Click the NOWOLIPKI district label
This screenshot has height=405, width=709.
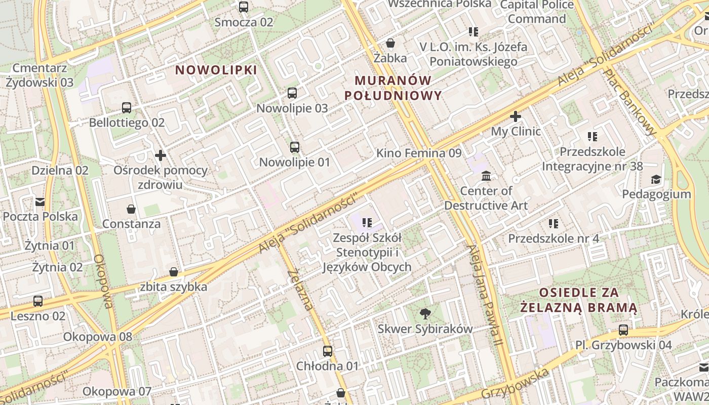(216, 70)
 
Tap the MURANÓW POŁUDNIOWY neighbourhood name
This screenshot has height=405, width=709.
(393, 88)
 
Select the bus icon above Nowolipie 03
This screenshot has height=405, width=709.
(292, 93)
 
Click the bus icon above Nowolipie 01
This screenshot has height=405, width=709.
(295, 147)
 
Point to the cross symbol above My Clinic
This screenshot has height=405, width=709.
(516, 116)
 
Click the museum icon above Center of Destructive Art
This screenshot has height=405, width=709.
(486, 176)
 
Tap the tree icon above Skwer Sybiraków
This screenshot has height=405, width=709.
(425, 314)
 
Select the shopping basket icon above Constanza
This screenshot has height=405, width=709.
(131, 209)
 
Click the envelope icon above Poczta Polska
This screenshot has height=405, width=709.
(40, 202)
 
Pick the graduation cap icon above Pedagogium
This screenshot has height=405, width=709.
(656, 179)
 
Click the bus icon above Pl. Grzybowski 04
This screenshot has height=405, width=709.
(623, 330)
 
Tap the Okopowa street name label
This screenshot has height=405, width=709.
(102, 281)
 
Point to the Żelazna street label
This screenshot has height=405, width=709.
(299, 290)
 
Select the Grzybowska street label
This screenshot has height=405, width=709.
(515, 384)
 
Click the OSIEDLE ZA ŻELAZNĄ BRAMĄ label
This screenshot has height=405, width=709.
(579, 300)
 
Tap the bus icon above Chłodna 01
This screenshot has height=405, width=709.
(328, 351)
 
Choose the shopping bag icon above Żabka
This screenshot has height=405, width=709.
(390, 43)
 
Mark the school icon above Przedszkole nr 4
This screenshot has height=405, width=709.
(554, 223)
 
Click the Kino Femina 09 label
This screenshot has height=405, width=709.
(419, 153)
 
